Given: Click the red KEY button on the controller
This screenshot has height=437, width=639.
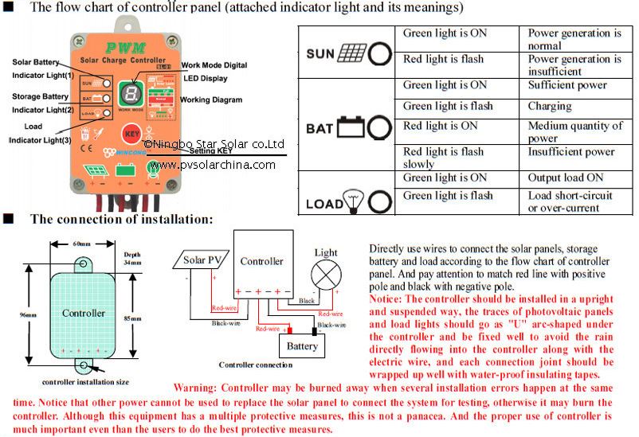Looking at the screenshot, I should click(x=129, y=133).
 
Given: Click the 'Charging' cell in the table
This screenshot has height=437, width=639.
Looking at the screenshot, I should click(x=550, y=106).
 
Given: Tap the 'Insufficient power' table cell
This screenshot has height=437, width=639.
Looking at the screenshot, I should click(x=571, y=152).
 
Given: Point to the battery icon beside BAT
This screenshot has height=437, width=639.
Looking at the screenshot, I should click(x=351, y=126).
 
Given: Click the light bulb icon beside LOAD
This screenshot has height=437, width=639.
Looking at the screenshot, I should click(x=351, y=202).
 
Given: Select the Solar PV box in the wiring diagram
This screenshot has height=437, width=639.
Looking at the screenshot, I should click(x=204, y=260).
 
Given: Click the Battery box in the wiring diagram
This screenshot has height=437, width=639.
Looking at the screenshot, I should click(x=302, y=346).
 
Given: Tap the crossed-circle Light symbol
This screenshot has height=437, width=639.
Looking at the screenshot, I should click(x=325, y=276).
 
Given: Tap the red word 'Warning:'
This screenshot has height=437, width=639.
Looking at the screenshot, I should click(x=199, y=387).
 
